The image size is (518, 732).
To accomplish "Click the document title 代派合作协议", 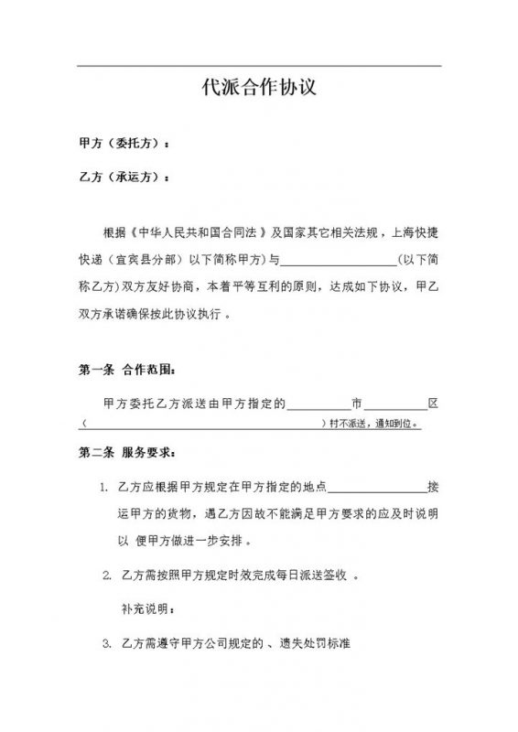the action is tap(259, 89).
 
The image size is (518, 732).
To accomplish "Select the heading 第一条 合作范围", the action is tap(127, 371).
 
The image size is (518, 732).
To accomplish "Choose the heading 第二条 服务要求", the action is tap(127, 454).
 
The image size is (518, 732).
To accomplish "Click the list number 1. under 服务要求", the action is tap(105, 486).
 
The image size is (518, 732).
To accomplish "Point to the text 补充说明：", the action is tap(146, 608).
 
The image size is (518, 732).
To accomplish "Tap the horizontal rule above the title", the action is tap(259, 66).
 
